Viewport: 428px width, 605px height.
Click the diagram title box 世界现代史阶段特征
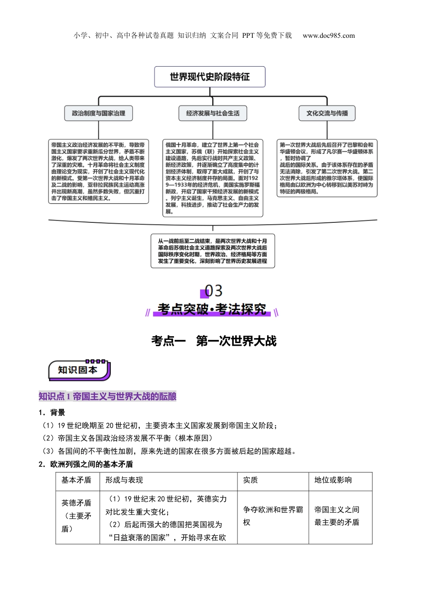click(x=209, y=77)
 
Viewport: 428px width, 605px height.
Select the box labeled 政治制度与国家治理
click(x=99, y=113)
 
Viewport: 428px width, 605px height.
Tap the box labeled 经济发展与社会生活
click(x=213, y=113)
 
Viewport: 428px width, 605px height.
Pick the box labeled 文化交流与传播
click(x=327, y=113)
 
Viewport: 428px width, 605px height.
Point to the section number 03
click(x=214, y=291)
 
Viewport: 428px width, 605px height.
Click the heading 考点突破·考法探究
click(x=212, y=310)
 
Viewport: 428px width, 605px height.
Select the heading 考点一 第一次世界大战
click(x=214, y=341)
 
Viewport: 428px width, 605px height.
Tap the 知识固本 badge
click(x=78, y=370)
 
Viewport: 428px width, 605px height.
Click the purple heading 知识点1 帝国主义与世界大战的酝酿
click(x=107, y=397)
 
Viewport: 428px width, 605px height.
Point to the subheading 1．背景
click(x=52, y=413)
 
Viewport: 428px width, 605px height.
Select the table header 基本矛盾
click(x=77, y=480)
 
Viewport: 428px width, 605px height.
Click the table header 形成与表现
click(x=124, y=480)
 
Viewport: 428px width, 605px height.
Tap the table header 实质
click(x=250, y=480)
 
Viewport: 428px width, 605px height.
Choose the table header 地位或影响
click(x=333, y=480)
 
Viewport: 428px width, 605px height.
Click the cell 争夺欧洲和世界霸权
click(x=273, y=516)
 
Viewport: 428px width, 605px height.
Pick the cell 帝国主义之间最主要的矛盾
click(x=337, y=516)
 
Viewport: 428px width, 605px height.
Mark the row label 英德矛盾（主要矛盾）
click(x=77, y=516)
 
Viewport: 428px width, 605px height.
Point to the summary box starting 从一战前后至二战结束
click(x=213, y=251)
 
